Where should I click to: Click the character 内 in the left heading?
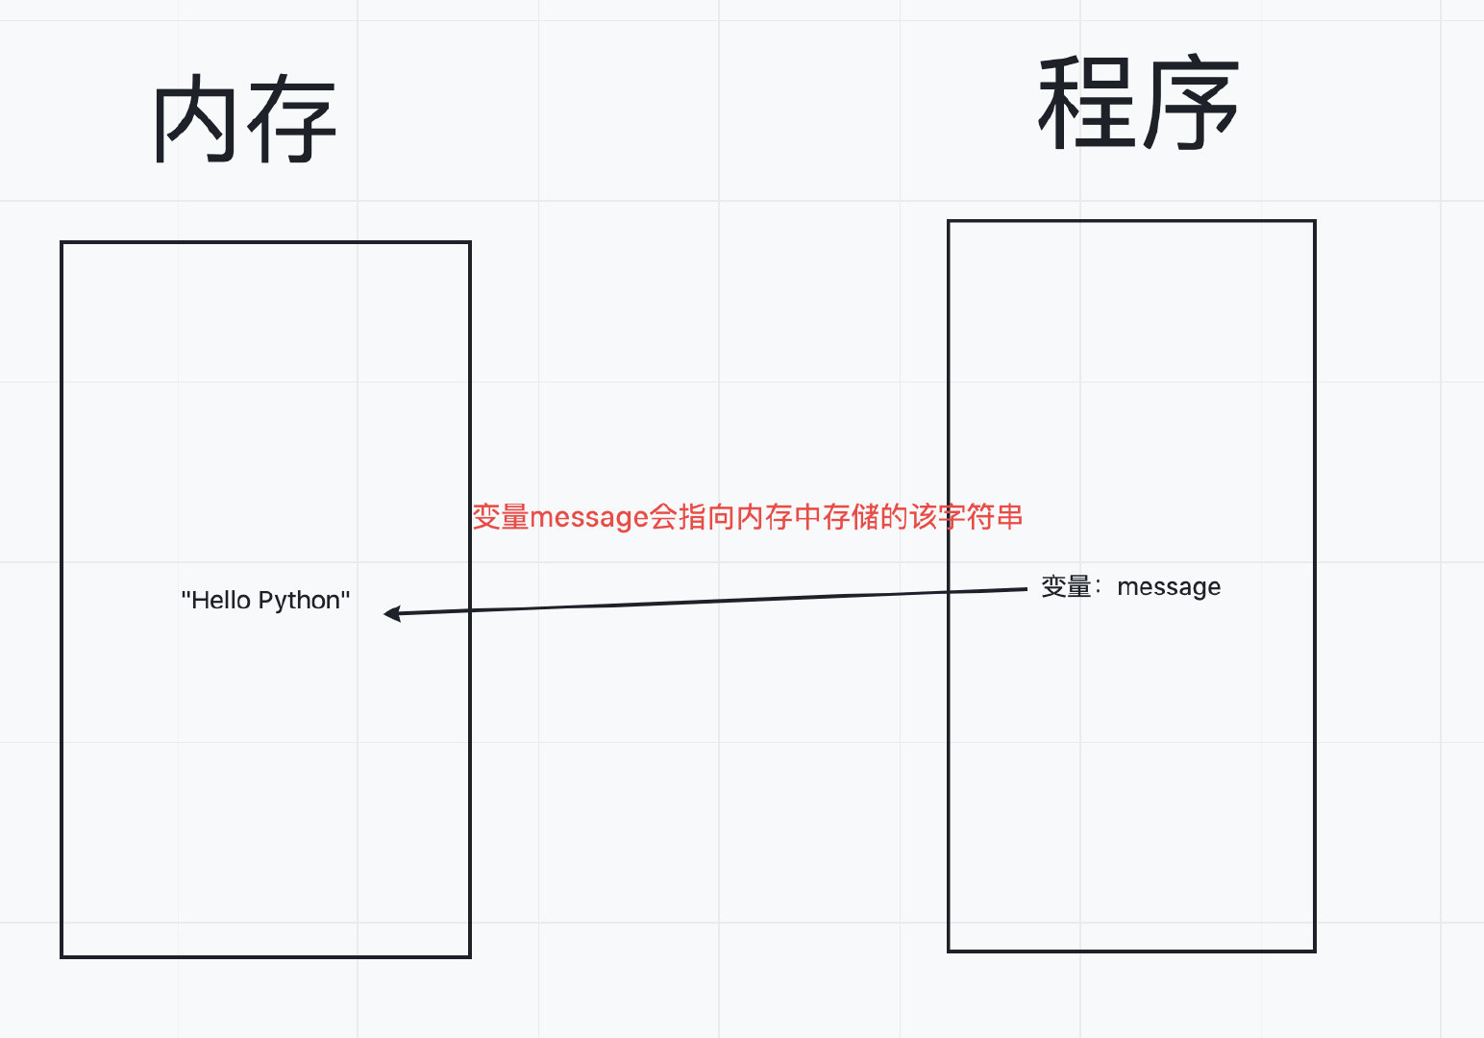point(195,119)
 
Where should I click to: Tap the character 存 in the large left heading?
point(292,119)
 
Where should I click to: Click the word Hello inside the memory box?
point(221,601)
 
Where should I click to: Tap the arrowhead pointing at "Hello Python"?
point(390,613)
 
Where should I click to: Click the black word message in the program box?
point(1169,586)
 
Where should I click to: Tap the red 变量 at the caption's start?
point(501,518)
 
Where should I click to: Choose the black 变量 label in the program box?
point(1066,586)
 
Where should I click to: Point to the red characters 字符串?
point(980,518)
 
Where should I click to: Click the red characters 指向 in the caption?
point(707,518)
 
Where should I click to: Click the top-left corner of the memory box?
point(62,243)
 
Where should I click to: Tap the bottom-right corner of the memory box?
point(469,956)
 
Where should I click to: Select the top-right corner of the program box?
point(1314,222)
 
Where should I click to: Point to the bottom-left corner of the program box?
point(950,951)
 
